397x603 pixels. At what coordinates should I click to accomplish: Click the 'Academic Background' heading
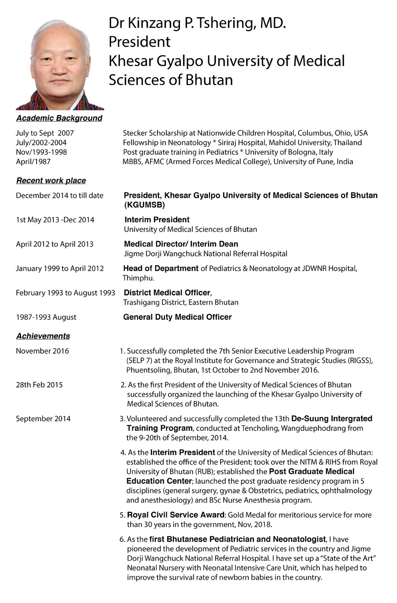59,118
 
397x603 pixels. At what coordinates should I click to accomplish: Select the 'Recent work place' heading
51,181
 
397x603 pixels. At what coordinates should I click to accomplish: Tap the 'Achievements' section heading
43,336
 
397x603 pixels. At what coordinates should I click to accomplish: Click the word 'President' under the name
139,42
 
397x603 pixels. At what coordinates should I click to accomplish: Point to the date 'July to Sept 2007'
45,133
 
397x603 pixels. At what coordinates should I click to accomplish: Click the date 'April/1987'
33,162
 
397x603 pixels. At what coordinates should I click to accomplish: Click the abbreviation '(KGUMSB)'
145,205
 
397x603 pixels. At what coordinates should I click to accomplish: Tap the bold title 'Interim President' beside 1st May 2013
157,220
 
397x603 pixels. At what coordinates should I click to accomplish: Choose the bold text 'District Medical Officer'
167,293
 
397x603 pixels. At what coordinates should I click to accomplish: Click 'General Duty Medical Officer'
177,317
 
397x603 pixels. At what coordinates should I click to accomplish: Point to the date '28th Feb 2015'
39,385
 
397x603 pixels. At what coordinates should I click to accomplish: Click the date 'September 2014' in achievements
43,419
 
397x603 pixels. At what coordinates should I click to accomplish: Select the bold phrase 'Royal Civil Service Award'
176,515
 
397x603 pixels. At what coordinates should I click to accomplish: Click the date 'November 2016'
42,351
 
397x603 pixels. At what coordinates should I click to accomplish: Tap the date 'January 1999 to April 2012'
60,268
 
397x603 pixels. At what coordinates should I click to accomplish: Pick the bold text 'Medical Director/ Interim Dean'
181,244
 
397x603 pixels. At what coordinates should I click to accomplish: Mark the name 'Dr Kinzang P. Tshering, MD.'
197,23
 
